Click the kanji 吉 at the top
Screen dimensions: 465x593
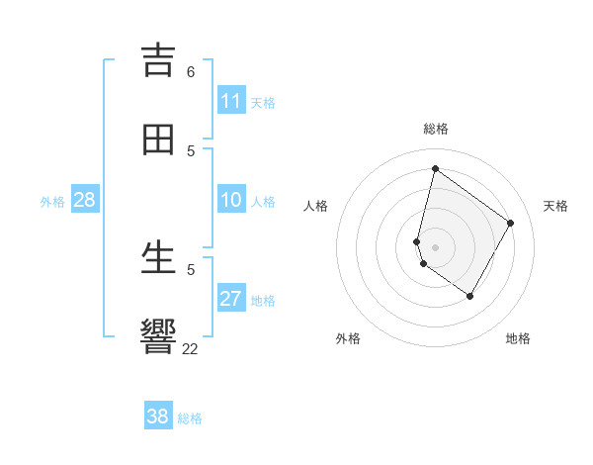[x=158, y=60]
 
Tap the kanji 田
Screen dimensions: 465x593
[x=158, y=139]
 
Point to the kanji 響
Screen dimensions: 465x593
[x=158, y=336]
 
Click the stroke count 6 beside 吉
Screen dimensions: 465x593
[x=191, y=71]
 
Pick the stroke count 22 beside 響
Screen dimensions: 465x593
[x=191, y=348]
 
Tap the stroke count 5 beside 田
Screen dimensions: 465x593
[x=191, y=150]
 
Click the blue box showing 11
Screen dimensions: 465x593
[x=231, y=101]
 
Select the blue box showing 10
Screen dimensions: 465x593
[x=231, y=200]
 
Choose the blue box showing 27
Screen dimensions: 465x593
[x=231, y=299]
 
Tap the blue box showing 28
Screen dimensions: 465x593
[x=85, y=200]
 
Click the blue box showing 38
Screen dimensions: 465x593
[x=158, y=417]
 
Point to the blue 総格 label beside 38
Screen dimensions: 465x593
[x=190, y=418]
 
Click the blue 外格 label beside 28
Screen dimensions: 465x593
[x=52, y=202]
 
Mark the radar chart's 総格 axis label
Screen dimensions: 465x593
[x=436, y=129]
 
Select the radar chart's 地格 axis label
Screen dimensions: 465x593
[x=518, y=338]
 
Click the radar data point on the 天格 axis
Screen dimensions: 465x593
[x=511, y=223]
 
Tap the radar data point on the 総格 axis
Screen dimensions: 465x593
[x=435, y=168]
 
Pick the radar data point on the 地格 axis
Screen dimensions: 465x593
[x=470, y=296]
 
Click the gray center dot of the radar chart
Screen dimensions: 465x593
[x=435, y=246]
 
